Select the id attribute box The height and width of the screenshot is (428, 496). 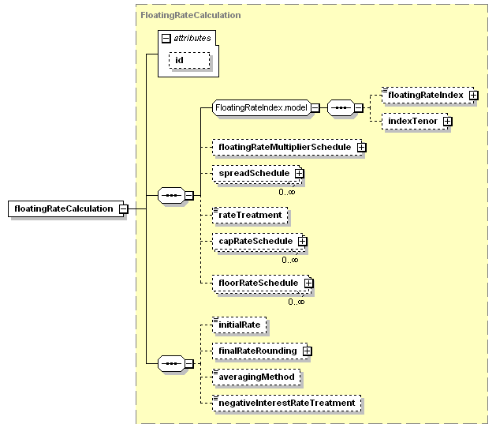coord(189,60)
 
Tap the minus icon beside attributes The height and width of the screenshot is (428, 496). coord(166,39)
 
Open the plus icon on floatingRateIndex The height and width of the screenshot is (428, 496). coord(473,95)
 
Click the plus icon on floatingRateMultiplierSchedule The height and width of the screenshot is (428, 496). coord(362,148)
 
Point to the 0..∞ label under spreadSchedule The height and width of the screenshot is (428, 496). coord(287,192)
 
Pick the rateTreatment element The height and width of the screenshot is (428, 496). coord(250,215)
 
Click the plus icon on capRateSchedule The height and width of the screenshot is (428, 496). coord(302,242)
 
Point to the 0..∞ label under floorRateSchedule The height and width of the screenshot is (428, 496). coord(296,302)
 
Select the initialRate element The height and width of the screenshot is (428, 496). coord(240,325)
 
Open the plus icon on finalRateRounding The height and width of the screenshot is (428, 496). coord(307,351)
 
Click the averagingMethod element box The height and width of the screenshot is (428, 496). coord(256,377)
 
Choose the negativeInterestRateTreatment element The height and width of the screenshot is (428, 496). coord(287,403)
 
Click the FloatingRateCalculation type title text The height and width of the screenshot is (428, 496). coord(191,15)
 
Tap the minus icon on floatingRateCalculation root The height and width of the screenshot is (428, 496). coord(123,208)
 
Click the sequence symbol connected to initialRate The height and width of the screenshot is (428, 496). coord(171,363)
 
